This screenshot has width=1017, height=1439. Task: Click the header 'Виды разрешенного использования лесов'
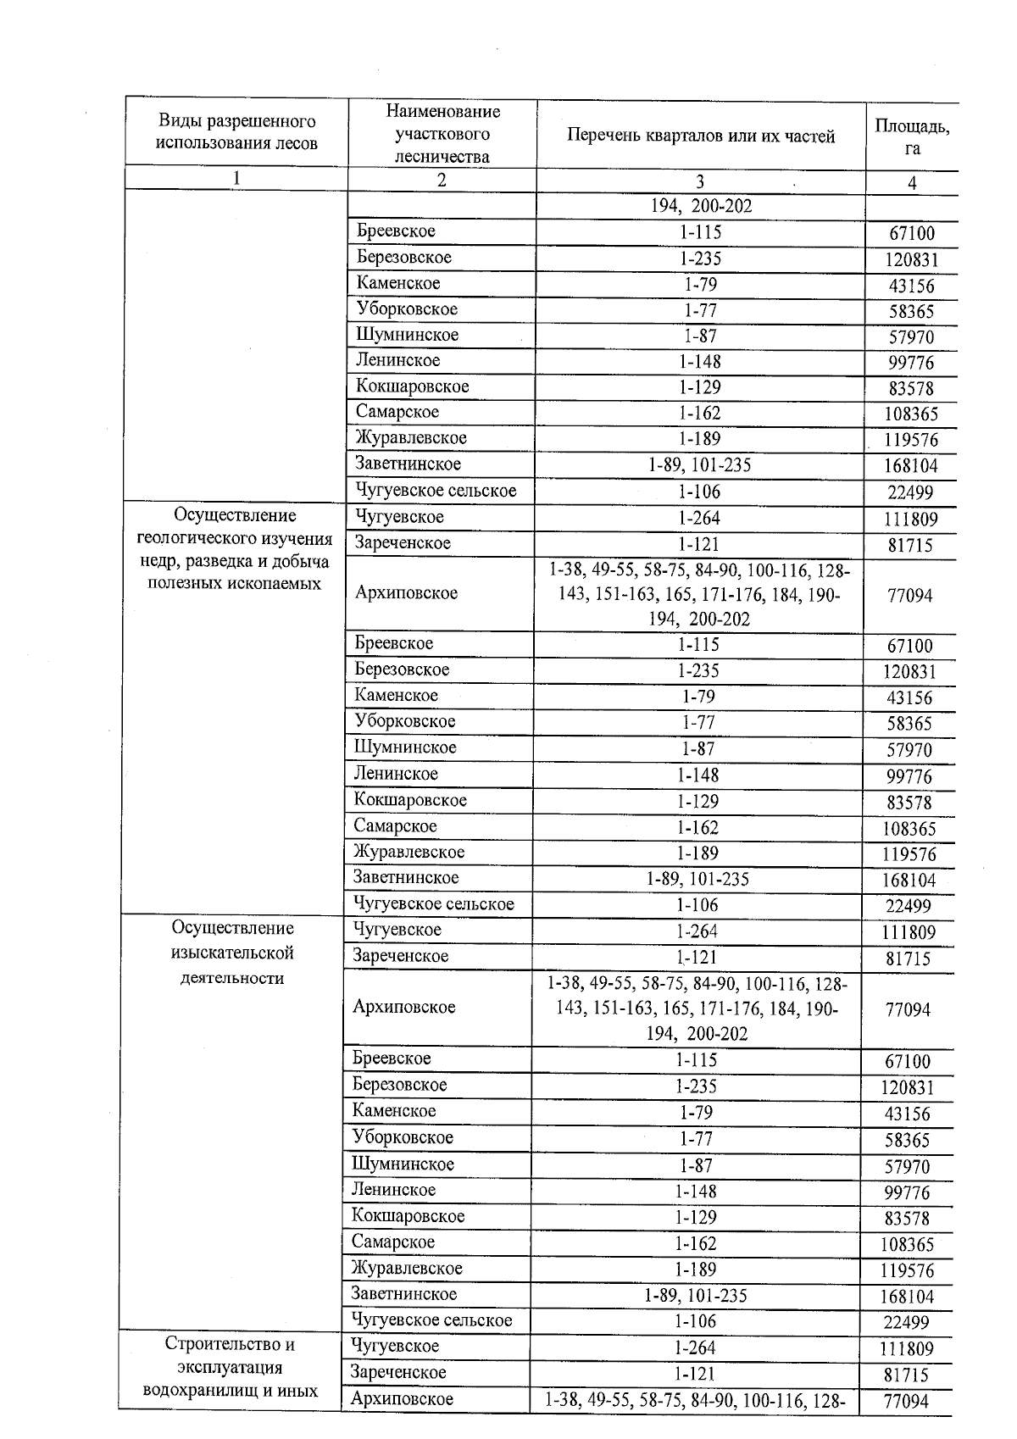236,133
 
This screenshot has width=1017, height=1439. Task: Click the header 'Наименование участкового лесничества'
442,134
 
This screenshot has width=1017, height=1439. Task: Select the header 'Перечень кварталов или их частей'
700,136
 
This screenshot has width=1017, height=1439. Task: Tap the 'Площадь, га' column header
912,136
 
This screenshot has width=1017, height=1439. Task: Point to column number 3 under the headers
700,181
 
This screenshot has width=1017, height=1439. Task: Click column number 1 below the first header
236,178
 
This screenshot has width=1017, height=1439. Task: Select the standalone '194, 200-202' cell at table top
700,206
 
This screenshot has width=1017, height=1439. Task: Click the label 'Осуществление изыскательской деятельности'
232,953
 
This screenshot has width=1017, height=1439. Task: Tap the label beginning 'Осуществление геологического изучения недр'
236,549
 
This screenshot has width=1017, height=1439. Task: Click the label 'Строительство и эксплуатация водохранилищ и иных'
230,1367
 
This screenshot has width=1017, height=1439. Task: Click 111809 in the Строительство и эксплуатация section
909,1348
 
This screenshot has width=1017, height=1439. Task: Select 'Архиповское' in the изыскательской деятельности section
403,1007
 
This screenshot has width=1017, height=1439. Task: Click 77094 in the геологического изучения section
909,596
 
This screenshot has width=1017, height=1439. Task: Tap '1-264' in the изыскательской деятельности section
697,931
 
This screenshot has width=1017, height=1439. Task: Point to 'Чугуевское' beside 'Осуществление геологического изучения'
399,517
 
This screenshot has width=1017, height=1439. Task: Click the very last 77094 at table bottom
906,1401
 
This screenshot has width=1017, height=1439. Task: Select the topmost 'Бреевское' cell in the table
396,231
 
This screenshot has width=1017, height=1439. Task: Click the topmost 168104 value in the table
910,466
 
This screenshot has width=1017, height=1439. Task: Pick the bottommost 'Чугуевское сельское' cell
431,1320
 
